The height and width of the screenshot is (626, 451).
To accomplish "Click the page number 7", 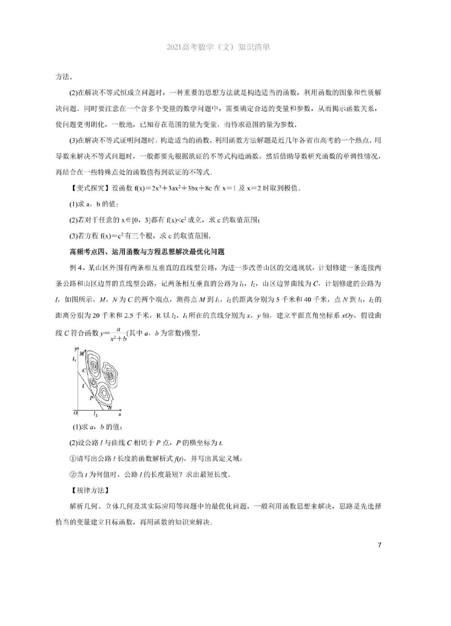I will coord(379,545).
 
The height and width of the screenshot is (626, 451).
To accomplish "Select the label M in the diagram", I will coord(82,353).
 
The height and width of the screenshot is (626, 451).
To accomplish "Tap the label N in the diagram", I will coord(110,407).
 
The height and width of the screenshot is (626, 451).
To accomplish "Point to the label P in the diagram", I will coord(91,398).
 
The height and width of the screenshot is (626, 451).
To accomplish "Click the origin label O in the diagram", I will coord(75,413).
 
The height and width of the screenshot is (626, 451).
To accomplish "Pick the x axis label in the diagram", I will coord(120,414).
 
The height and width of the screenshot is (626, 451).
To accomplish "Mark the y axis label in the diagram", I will coord(76,349).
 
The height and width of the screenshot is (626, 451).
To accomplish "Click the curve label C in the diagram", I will coord(84,370).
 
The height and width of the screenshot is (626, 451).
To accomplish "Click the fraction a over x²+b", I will coord(118,333).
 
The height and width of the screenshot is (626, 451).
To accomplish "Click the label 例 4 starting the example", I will coord(77,268).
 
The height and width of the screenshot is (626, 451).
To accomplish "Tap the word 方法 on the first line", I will coord(64,76).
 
